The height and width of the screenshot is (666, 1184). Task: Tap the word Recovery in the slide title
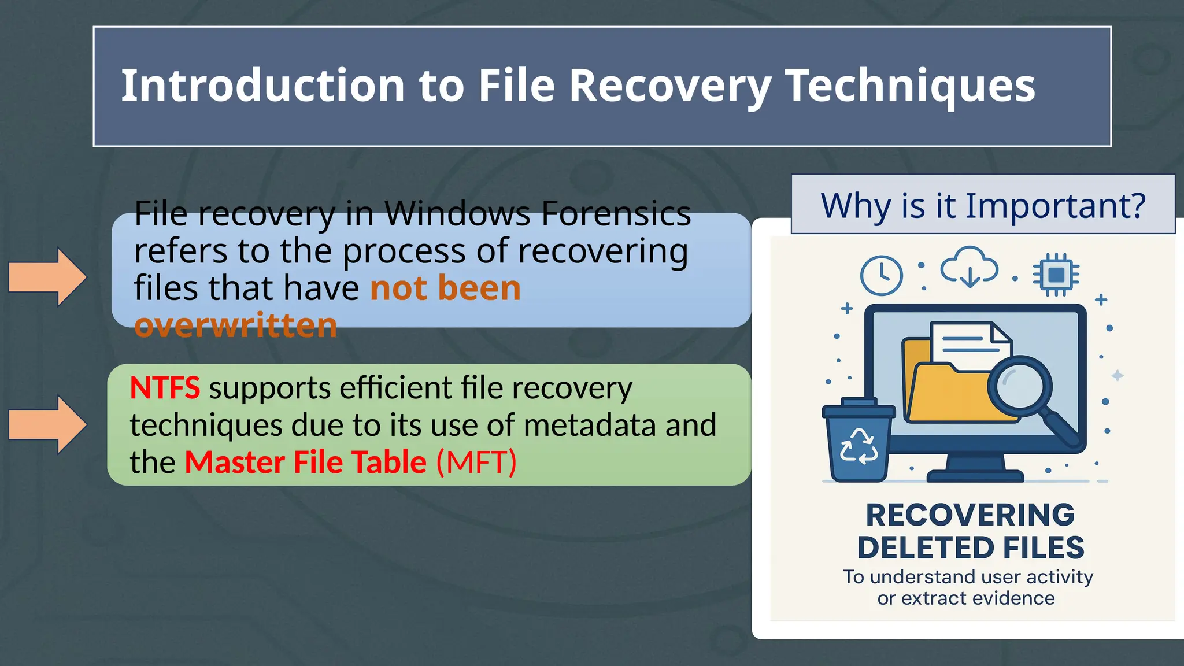(669, 86)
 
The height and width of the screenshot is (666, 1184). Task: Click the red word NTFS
(165, 388)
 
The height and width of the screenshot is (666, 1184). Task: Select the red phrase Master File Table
(305, 462)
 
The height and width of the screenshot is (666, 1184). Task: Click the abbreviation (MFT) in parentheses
(476, 462)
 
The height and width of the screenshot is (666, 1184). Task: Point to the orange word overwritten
(235, 325)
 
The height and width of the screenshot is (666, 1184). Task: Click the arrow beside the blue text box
(47, 277)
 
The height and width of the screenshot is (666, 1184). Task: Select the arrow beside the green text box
(47, 424)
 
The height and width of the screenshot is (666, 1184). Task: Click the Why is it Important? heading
(982, 205)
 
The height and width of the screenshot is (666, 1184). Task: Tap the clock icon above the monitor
(881, 275)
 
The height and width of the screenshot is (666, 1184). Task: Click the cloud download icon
(970, 268)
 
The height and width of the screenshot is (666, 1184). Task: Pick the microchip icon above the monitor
(1056, 275)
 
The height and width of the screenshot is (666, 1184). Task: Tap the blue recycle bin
(858, 441)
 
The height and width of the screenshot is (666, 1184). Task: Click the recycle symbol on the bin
(859, 446)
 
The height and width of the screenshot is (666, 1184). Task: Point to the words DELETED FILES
(970, 547)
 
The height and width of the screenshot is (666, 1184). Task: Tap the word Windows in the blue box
(456, 213)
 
